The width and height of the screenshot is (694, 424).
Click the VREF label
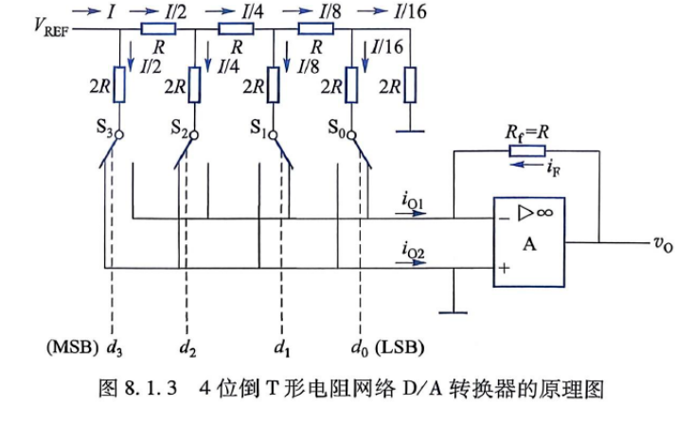51,26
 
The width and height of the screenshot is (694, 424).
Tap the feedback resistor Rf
526,150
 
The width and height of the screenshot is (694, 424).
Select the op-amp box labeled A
529,242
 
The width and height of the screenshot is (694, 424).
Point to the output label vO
663,244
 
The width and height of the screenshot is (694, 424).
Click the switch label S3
105,129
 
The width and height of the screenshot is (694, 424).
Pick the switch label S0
336,129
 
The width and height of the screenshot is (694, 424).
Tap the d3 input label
115,348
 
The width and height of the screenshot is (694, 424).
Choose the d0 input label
360,348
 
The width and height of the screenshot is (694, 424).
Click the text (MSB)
73,347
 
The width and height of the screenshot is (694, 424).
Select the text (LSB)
400,347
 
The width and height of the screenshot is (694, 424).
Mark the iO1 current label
413,201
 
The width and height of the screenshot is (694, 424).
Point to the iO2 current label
413,250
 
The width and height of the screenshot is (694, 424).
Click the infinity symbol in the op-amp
544,213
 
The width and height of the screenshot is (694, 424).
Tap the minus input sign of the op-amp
504,219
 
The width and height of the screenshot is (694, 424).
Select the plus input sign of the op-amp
504,267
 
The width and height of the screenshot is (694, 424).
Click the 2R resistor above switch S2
195,84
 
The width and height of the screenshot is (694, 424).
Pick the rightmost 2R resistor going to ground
410,84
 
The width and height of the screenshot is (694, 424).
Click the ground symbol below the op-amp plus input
454,312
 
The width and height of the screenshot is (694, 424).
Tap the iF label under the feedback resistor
553,168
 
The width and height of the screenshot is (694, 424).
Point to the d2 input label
187,348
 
